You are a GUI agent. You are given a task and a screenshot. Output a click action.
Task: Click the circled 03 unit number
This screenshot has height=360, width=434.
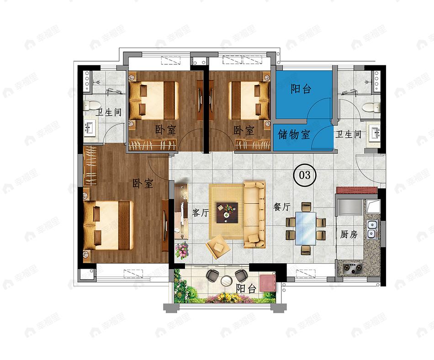[x=304, y=175]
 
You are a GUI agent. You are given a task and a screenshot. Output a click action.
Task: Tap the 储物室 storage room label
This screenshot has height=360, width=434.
[x=294, y=134]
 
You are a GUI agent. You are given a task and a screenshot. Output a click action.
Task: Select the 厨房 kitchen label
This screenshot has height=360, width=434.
[x=349, y=234]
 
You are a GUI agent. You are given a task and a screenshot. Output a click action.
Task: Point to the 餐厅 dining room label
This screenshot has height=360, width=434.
[x=282, y=206]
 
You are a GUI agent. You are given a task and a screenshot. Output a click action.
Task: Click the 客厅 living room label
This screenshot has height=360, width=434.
[x=201, y=212]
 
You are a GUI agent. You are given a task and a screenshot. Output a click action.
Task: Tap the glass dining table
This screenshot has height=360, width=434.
[x=306, y=228]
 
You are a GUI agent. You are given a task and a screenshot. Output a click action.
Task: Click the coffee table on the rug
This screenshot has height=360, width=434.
[x=227, y=212]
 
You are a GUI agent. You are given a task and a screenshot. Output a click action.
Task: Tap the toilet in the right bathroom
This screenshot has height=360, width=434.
[x=372, y=107]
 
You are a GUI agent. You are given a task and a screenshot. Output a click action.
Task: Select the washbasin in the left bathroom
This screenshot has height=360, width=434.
[x=90, y=128]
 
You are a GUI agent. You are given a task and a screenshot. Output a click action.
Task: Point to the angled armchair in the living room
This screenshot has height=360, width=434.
[x=218, y=247]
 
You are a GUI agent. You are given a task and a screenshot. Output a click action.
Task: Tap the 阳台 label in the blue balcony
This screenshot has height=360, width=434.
[x=301, y=89]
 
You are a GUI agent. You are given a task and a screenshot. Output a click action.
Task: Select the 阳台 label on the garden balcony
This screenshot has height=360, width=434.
[x=246, y=288]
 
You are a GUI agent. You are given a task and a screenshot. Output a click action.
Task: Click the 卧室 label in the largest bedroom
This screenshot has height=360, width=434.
[x=143, y=184]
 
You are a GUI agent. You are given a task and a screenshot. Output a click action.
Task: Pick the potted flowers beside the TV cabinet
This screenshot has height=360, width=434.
[x=182, y=250]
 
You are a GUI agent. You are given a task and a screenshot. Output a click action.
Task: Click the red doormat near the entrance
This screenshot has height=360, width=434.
[x=357, y=191]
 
